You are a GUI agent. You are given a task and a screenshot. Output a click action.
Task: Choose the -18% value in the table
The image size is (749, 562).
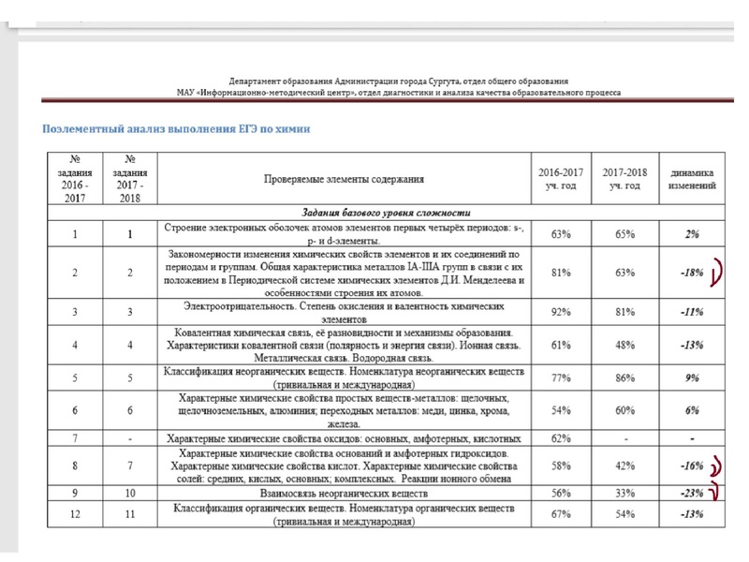[x=692, y=273]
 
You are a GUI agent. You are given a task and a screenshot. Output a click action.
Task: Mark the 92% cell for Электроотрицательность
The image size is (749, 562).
[x=563, y=312]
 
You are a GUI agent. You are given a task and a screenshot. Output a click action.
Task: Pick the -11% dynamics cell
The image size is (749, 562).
[x=692, y=312]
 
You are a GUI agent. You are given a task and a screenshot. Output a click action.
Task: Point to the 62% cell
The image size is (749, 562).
[x=563, y=437]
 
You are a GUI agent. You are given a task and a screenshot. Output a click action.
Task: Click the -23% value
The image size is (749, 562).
[x=692, y=493]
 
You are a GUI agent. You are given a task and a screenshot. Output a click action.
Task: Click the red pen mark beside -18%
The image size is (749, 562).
[x=718, y=272]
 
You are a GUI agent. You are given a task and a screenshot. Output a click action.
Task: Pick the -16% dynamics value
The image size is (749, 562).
[x=692, y=466]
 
